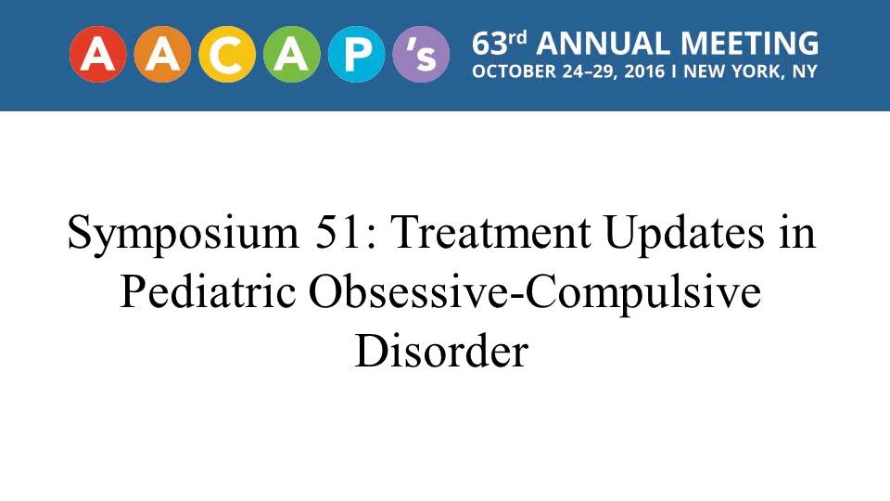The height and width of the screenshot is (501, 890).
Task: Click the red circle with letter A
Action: coord(97,55)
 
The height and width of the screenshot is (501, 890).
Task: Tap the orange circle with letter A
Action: coord(162,55)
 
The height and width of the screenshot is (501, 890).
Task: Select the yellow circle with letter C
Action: coord(227,55)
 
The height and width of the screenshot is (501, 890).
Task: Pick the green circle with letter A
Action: coord(292,55)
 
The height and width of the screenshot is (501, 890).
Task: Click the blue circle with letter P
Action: coord(356,55)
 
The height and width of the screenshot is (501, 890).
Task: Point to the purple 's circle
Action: coord(421,55)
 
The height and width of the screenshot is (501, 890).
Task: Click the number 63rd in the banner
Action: coord(500,44)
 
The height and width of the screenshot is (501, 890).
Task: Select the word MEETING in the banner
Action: coord(749,44)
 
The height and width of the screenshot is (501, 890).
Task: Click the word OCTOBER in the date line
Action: coord(515,71)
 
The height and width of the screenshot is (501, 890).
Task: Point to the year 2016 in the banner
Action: coord(644,71)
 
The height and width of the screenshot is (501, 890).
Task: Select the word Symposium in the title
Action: coord(183,234)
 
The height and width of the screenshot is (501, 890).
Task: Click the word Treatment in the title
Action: coord(491,232)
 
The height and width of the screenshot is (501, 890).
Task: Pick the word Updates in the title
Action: coord(684,234)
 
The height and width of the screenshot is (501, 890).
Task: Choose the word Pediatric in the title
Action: coord(208,291)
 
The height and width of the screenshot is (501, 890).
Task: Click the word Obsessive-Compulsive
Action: coord(535,294)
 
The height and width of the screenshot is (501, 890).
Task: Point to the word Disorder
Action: coord(441,351)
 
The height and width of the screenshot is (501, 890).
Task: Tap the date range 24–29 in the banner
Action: coord(590,71)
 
